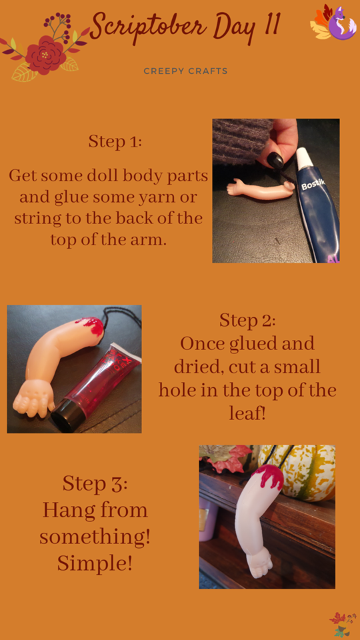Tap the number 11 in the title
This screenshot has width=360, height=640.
pyautogui.click(x=271, y=24)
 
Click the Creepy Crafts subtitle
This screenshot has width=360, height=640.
pyautogui.click(x=185, y=71)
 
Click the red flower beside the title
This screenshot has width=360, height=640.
pyautogui.click(x=45, y=55)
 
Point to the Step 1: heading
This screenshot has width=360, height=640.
pyautogui.click(x=115, y=141)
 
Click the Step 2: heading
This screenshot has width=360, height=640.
pyautogui.click(x=248, y=320)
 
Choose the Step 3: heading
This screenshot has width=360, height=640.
pyautogui.click(x=95, y=484)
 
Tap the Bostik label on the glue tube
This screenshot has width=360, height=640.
pyautogui.click(x=313, y=185)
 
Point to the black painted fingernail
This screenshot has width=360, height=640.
pyautogui.click(x=275, y=159)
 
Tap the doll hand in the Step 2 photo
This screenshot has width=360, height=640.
pyautogui.click(x=34, y=396)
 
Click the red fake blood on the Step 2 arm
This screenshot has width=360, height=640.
pyautogui.click(x=91, y=326)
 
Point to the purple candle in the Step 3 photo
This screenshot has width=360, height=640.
pyautogui.click(x=208, y=513)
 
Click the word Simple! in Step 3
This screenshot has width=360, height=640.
pyautogui.click(x=95, y=563)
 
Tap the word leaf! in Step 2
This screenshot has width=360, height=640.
pyautogui.click(x=247, y=413)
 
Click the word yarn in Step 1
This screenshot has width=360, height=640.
pyautogui.click(x=150, y=197)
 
